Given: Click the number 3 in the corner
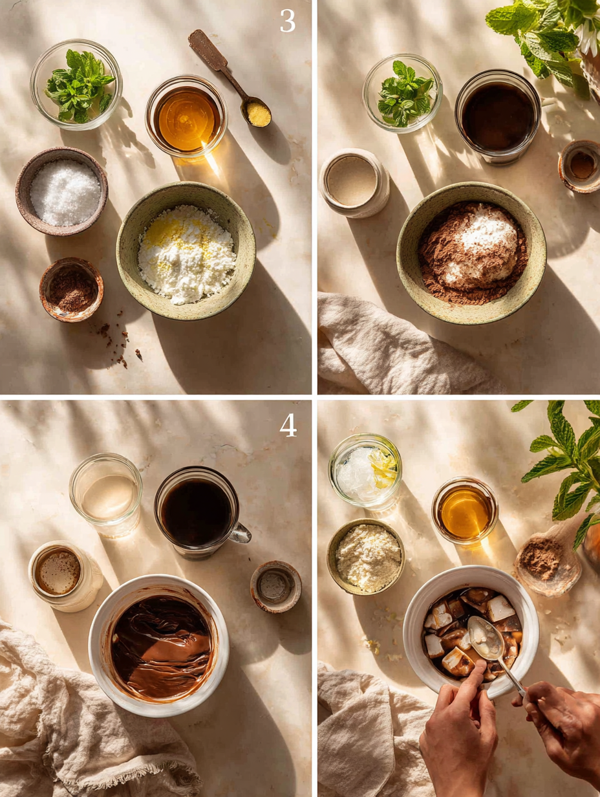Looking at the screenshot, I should click(x=287, y=21).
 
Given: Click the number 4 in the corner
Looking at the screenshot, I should click(x=288, y=425).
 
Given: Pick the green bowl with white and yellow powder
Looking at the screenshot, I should click(x=186, y=252).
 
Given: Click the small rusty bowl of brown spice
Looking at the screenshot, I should click(x=71, y=289).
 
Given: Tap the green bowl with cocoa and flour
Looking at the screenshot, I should click(x=471, y=253).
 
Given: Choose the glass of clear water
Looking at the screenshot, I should click(x=106, y=494).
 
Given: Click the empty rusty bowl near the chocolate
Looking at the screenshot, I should click(x=275, y=586).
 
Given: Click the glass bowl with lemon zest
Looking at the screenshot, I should click(x=365, y=470).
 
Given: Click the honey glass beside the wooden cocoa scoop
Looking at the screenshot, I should click(x=464, y=511).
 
